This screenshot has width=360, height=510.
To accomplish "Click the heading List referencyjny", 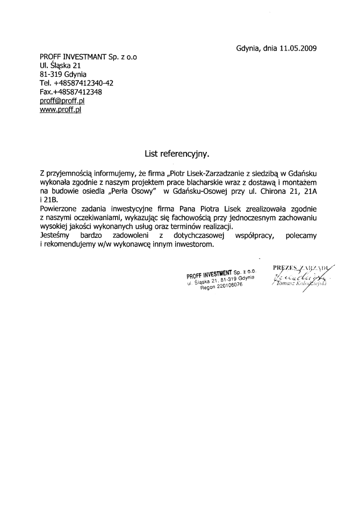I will point(176,154).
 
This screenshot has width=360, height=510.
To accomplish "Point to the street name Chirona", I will point(272,191).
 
